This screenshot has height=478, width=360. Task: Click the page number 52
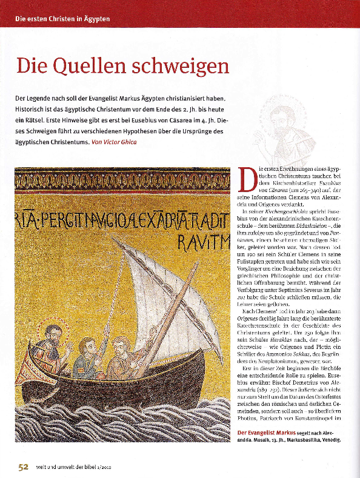pos(22,466)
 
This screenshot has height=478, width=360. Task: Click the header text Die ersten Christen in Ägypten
pos(62,19)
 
